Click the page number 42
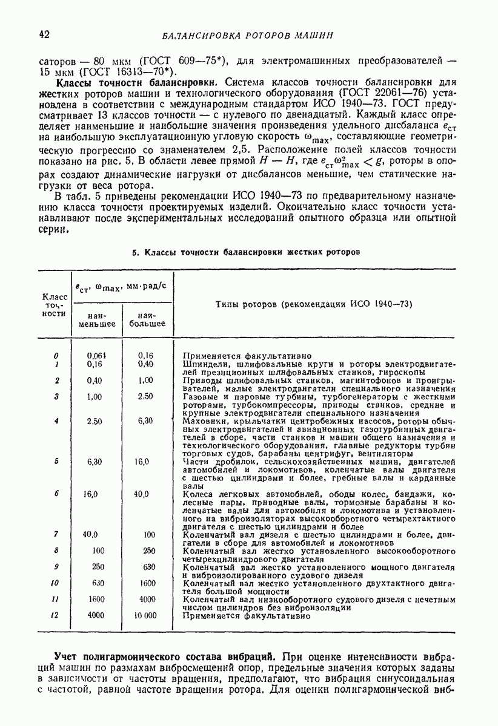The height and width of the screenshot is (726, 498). click(x=43, y=34)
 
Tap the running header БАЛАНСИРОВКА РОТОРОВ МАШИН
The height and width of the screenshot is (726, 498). click(x=248, y=34)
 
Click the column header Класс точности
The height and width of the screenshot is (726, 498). click(x=55, y=305)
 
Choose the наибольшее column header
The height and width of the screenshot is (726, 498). click(x=147, y=320)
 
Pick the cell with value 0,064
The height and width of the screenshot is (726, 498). click(x=96, y=356)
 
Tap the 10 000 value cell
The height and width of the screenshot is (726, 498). click(x=145, y=615)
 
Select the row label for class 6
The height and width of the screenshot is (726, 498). click(x=56, y=494)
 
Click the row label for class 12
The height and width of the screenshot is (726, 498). click(x=55, y=615)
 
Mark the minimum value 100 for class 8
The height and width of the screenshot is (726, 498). click(x=98, y=551)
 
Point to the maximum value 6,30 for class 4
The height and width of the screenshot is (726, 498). click(x=145, y=420)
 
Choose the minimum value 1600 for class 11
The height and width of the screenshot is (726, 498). click(x=96, y=599)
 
